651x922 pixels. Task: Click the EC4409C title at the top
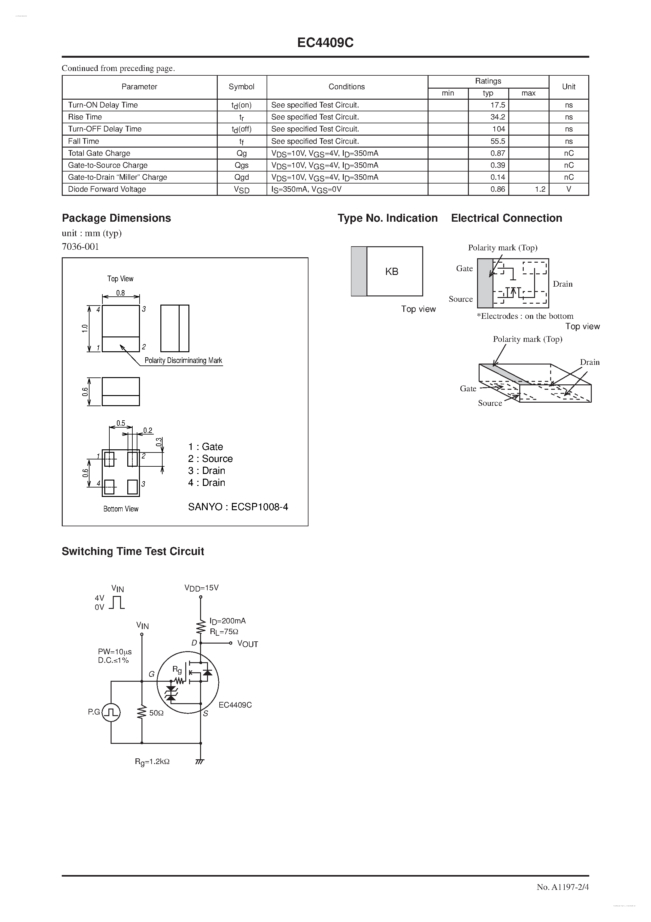pos(325,43)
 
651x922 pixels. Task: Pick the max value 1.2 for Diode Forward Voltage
pos(540,189)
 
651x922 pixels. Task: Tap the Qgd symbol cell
pos(242,177)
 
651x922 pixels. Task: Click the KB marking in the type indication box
pos(391,272)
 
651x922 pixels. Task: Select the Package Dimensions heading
pos(116,218)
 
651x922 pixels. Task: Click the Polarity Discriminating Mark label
pos(183,361)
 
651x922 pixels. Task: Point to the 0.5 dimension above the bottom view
pos(121,423)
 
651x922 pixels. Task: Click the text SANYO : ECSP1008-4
pos(238,507)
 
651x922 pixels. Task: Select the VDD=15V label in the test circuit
pos(201,588)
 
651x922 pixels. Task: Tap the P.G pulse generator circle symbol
pos(111,712)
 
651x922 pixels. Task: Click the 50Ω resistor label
pos(156,713)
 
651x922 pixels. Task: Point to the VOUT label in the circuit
pos(247,644)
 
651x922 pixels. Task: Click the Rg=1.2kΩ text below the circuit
pos(152,762)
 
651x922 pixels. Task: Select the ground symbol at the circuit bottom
pos(200,762)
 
